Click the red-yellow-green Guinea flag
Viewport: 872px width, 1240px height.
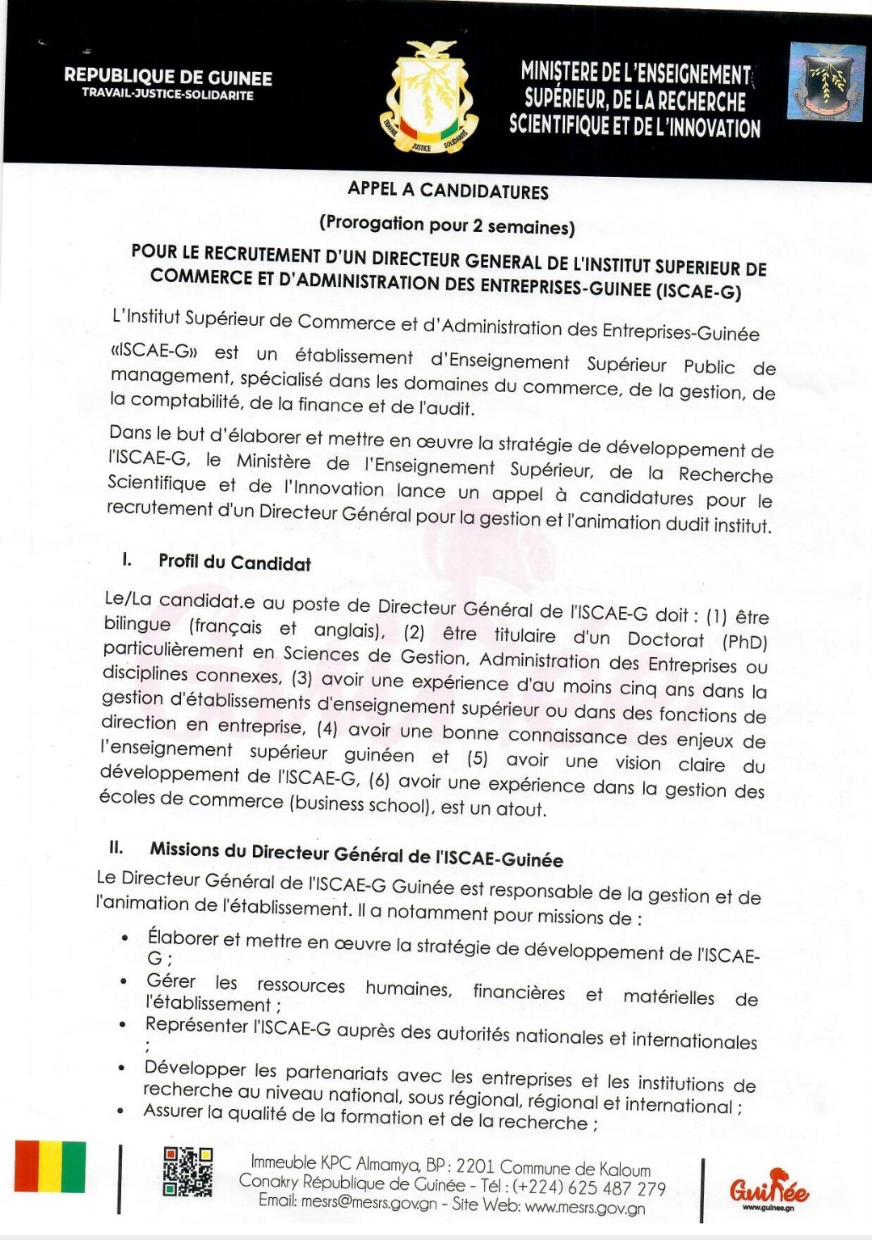pyautogui.click(x=49, y=1166)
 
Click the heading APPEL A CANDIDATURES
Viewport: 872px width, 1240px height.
pyautogui.click(x=448, y=191)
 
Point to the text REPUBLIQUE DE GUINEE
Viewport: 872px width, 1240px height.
pyautogui.click(x=168, y=78)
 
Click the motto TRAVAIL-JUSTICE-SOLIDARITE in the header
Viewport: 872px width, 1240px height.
pyautogui.click(x=168, y=95)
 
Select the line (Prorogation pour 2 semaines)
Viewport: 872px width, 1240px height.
pyautogui.click(x=447, y=225)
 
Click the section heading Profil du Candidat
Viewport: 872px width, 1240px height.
pyautogui.click(x=234, y=563)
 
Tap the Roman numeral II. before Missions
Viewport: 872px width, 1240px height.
pyautogui.click(x=116, y=847)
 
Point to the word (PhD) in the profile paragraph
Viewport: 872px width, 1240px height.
pyautogui.click(x=744, y=642)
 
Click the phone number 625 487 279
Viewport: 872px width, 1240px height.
pyautogui.click(x=619, y=1188)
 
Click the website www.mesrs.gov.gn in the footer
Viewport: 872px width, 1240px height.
pyautogui.click(x=585, y=1208)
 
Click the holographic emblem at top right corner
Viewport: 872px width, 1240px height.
pyautogui.click(x=826, y=82)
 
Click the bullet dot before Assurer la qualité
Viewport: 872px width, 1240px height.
pyautogui.click(x=121, y=1111)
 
